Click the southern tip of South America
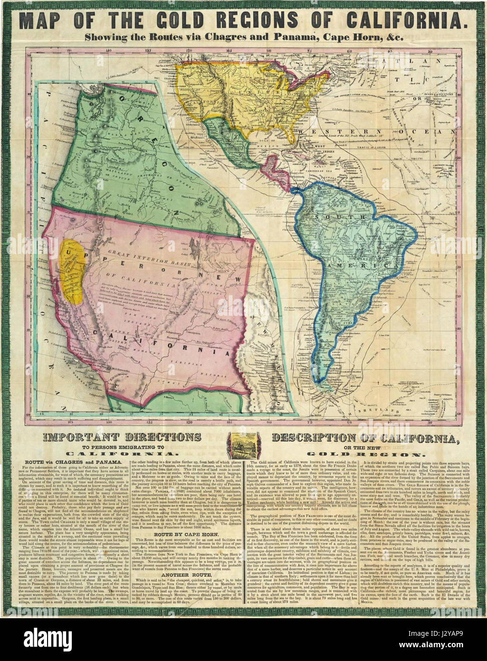322,380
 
